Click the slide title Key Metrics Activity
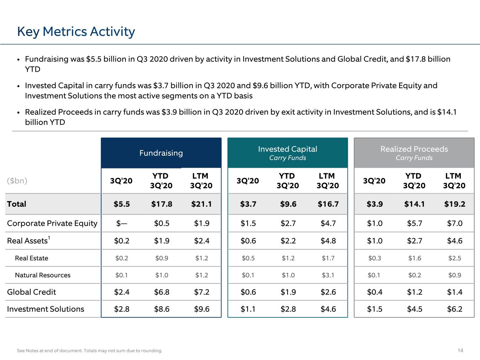76,32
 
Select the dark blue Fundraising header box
161,153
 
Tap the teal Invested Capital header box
288,153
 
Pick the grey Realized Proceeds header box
414,153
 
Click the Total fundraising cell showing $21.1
201,204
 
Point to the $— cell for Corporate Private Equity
122,223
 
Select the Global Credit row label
32,292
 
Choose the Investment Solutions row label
45,309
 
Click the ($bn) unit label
17,181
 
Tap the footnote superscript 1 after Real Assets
49,238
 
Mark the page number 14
460,351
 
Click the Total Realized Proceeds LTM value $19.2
455,204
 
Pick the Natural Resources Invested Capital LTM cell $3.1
328,275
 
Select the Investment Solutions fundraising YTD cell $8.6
162,309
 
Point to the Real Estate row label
32,258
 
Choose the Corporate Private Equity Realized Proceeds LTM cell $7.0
455,223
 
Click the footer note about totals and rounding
89,351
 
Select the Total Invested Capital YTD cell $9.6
288,204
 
